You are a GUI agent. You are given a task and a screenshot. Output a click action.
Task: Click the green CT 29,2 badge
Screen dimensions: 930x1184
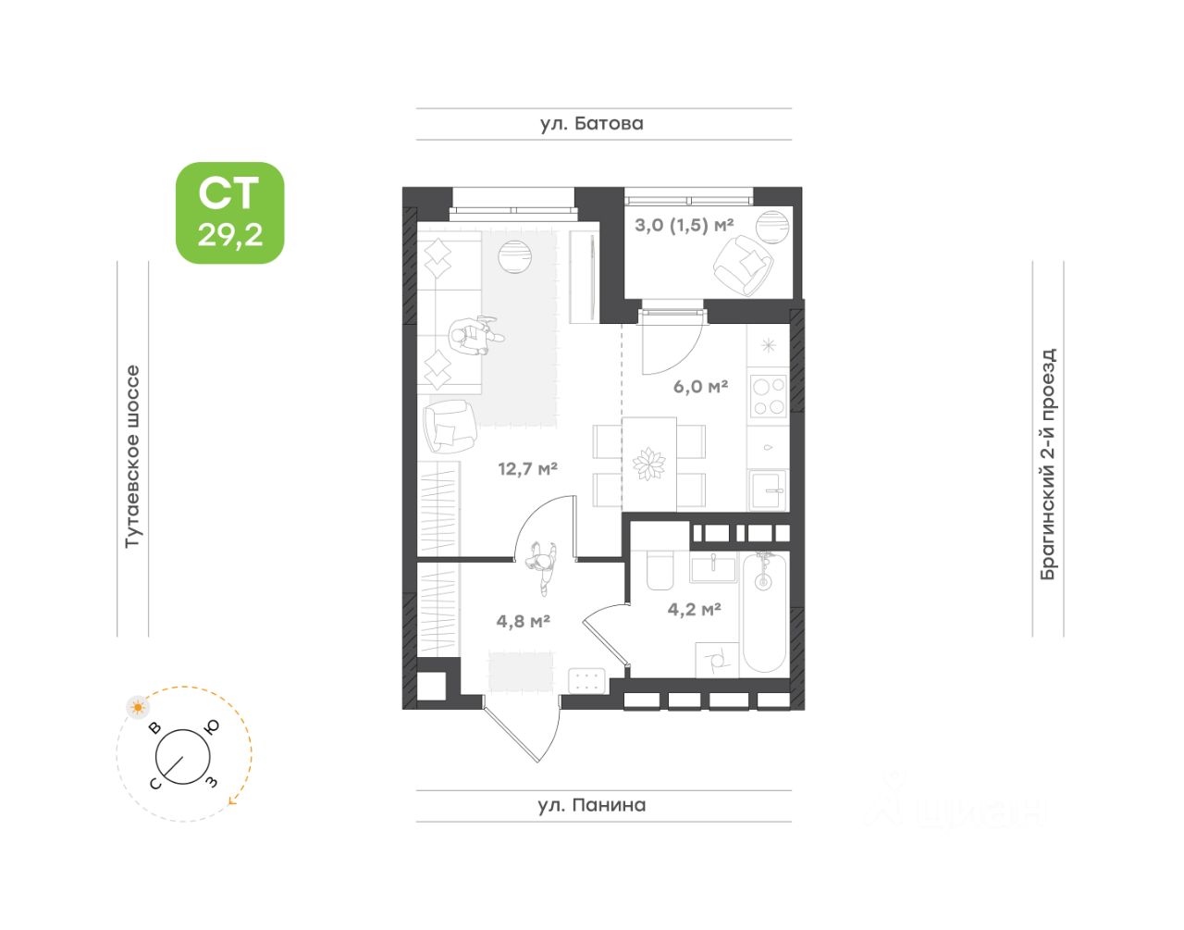(x=229, y=213)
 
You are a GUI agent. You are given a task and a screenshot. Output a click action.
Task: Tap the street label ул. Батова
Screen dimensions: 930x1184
(x=592, y=123)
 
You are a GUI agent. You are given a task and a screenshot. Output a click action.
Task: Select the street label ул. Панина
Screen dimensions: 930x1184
(x=592, y=805)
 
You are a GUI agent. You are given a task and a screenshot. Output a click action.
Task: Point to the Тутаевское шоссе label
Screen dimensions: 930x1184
(x=132, y=455)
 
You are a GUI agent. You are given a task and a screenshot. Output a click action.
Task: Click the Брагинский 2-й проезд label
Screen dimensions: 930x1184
(x=1048, y=464)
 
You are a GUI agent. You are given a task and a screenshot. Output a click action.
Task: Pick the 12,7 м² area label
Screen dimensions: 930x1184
(x=527, y=468)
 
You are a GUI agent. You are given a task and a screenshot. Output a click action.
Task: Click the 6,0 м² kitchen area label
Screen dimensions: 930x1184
(x=700, y=386)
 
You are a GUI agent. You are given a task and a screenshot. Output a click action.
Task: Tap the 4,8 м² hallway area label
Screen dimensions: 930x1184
(x=524, y=621)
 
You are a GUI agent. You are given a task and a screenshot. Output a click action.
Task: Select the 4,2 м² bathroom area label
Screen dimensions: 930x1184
(x=694, y=609)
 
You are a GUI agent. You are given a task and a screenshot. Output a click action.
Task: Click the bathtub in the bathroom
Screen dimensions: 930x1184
(x=764, y=613)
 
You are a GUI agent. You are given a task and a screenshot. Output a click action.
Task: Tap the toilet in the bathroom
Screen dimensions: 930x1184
(x=660, y=571)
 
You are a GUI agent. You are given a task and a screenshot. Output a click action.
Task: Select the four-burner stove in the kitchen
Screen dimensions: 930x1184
(x=768, y=396)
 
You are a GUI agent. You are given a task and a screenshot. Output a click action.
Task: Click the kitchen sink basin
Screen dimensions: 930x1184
(x=767, y=490)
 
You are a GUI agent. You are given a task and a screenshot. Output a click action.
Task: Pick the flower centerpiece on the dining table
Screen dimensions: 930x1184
(x=649, y=463)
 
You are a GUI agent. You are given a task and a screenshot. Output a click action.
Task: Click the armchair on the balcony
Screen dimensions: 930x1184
(x=742, y=264)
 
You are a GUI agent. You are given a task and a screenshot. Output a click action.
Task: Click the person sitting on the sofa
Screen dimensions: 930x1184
(x=473, y=336)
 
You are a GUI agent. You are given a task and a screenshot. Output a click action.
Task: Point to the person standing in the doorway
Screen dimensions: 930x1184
(x=542, y=566)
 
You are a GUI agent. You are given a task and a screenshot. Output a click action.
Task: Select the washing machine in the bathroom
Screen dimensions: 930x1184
(x=717, y=660)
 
